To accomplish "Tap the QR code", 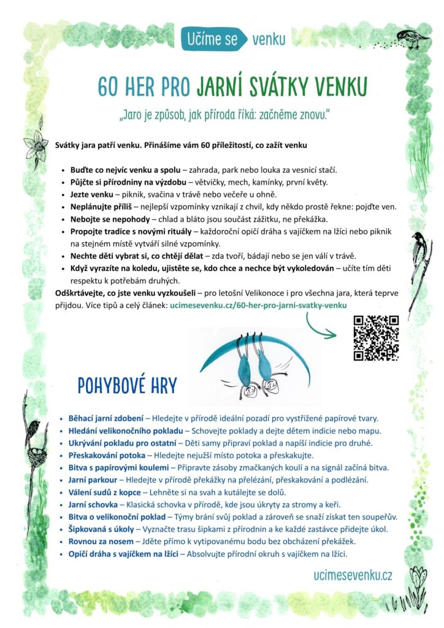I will tap(377, 337).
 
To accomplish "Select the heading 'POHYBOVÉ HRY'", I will tap(127, 386).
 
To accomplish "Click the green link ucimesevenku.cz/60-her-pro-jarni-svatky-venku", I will tap(262, 304).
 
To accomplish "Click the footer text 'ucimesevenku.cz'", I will tap(352, 575).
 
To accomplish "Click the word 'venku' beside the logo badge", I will tap(269, 40).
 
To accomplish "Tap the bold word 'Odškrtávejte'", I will tap(83, 293).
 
